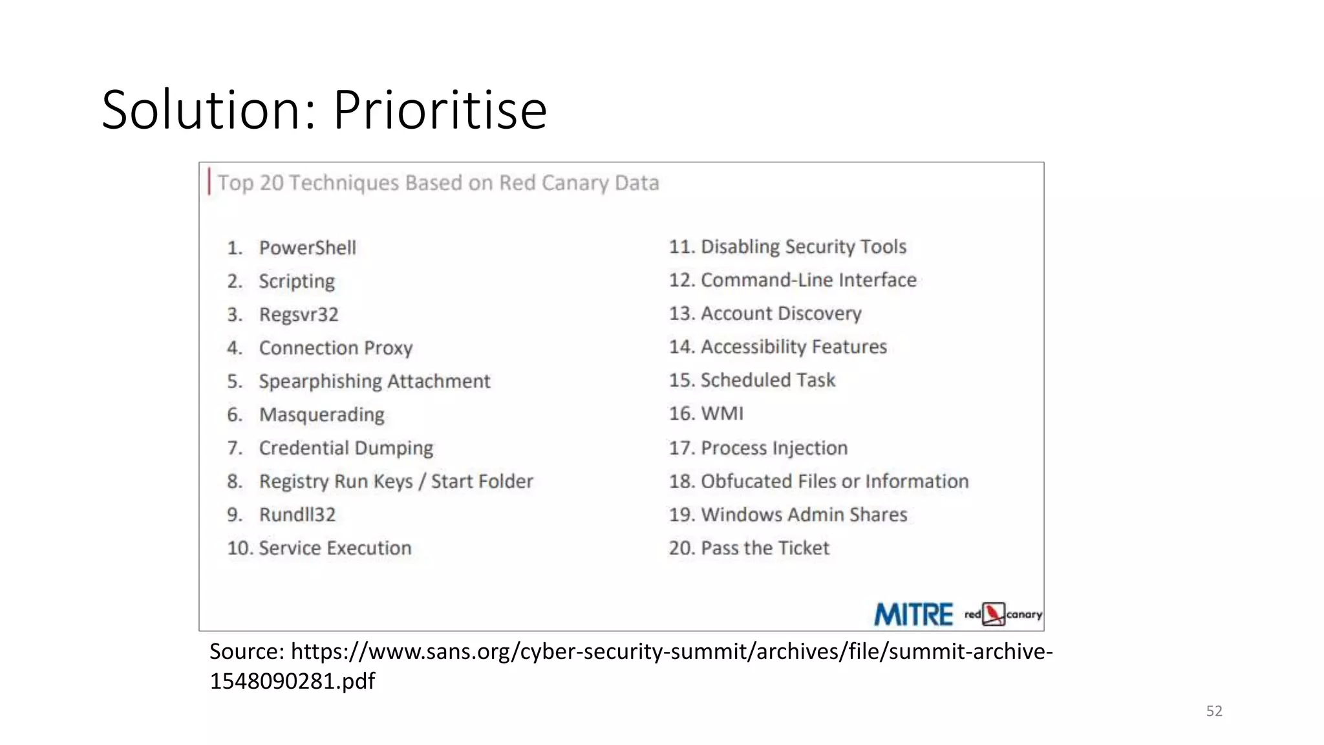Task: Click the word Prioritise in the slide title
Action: point(440,110)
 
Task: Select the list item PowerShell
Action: point(307,248)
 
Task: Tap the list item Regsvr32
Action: point(299,315)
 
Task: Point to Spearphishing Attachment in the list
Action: point(374,382)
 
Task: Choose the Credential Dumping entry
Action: point(346,448)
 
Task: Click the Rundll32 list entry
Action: point(297,515)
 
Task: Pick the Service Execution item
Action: point(334,548)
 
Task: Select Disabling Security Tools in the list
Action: point(803,247)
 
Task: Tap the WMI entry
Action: point(722,414)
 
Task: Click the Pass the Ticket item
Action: point(765,548)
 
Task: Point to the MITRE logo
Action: point(913,614)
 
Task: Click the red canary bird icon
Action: point(994,614)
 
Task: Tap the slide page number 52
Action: point(1214,711)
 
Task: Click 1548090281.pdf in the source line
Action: point(292,681)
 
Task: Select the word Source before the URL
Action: point(246,652)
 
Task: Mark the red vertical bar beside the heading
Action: point(209,182)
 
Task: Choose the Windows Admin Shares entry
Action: point(804,515)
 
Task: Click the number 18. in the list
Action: point(681,482)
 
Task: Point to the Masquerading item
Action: point(321,415)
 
